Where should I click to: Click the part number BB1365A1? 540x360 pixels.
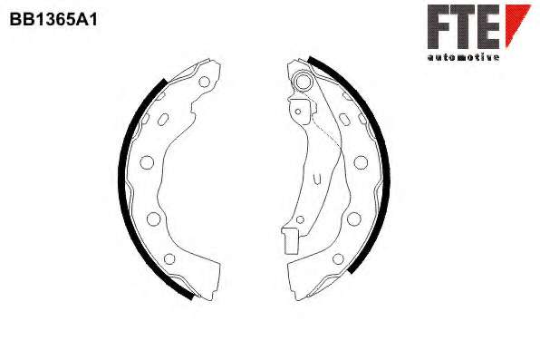tap(53, 19)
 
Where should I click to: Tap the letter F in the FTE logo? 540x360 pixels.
tap(439, 26)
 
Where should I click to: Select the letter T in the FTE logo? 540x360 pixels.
tap(463, 26)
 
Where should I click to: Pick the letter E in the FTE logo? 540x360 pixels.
tap(488, 26)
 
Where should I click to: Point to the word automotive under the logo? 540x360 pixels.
tap(463, 57)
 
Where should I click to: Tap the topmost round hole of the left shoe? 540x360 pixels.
tap(204, 82)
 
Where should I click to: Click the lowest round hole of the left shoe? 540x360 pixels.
tap(169, 258)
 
